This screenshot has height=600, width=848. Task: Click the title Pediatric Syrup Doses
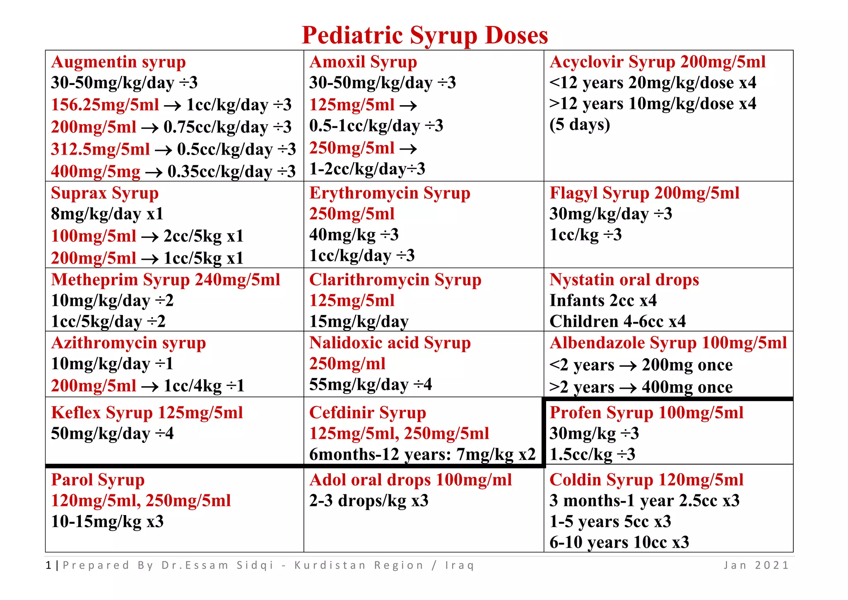425,35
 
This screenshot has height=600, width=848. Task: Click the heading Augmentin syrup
118,62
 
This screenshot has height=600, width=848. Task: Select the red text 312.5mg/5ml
100,149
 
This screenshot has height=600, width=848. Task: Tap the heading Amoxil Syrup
363,62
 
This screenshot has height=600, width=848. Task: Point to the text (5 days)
580,124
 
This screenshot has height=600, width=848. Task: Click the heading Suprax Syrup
105,194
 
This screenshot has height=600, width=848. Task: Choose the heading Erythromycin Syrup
390,194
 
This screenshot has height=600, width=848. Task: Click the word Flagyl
573,194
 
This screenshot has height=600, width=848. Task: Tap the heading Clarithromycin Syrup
395,280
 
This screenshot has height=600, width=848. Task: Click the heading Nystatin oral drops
624,280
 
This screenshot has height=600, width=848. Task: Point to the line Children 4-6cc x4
617,322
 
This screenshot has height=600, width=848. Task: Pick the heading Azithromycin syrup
128,343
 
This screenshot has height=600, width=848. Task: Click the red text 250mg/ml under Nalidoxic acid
347,364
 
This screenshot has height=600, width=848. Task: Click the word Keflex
76,413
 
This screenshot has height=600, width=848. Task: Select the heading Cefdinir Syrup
368,413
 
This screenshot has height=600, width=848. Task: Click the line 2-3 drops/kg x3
369,501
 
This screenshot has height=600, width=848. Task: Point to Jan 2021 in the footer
756,565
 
